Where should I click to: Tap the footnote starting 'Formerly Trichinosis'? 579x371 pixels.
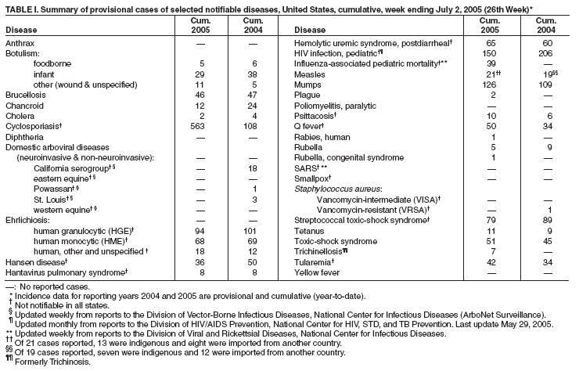(52, 362)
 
